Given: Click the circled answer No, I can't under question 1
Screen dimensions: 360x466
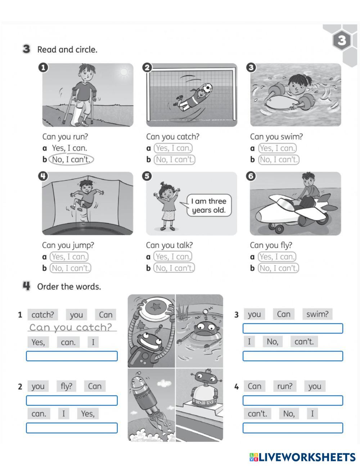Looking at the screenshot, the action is click(x=71, y=160).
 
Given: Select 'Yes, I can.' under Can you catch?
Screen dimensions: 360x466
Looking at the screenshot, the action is click(x=173, y=148).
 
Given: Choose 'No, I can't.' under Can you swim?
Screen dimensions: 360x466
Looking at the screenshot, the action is click(x=279, y=160).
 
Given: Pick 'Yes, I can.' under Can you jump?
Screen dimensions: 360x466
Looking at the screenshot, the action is click(x=69, y=257).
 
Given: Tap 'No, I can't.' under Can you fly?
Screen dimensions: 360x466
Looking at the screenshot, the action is click(x=278, y=268).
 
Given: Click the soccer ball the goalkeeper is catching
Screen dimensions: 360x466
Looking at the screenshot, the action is click(x=207, y=88).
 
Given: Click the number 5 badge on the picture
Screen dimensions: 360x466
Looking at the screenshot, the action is click(x=147, y=176).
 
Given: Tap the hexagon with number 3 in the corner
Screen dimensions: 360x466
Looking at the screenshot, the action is click(x=342, y=40).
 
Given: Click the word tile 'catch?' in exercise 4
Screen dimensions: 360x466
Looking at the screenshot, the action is click(x=42, y=315).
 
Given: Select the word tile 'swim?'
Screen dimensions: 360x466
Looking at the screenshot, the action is click(x=318, y=314).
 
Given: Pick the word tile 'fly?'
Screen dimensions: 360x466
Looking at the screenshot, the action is click(x=67, y=386).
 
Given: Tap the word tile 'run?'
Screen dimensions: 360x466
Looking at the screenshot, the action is click(x=285, y=386).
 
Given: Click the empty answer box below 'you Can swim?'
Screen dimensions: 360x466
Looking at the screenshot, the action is click(x=293, y=328).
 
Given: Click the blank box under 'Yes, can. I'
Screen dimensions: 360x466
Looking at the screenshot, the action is click(x=72, y=356).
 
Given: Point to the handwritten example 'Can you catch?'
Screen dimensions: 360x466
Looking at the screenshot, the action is click(x=71, y=327).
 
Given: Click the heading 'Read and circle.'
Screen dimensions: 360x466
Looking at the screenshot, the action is click(x=67, y=50).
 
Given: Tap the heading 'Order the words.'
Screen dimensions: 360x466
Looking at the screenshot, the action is click(x=69, y=287).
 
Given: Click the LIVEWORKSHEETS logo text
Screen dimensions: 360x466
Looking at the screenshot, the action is click(x=302, y=457).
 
